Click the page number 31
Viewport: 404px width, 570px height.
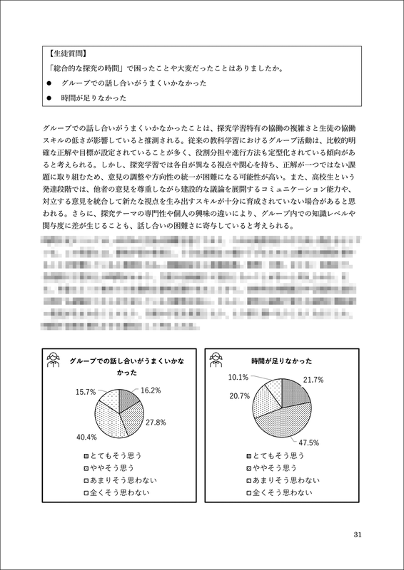[x=359, y=535]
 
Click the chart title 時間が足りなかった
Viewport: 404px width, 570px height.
[x=282, y=362]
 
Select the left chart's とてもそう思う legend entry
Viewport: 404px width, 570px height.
[x=113, y=455]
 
